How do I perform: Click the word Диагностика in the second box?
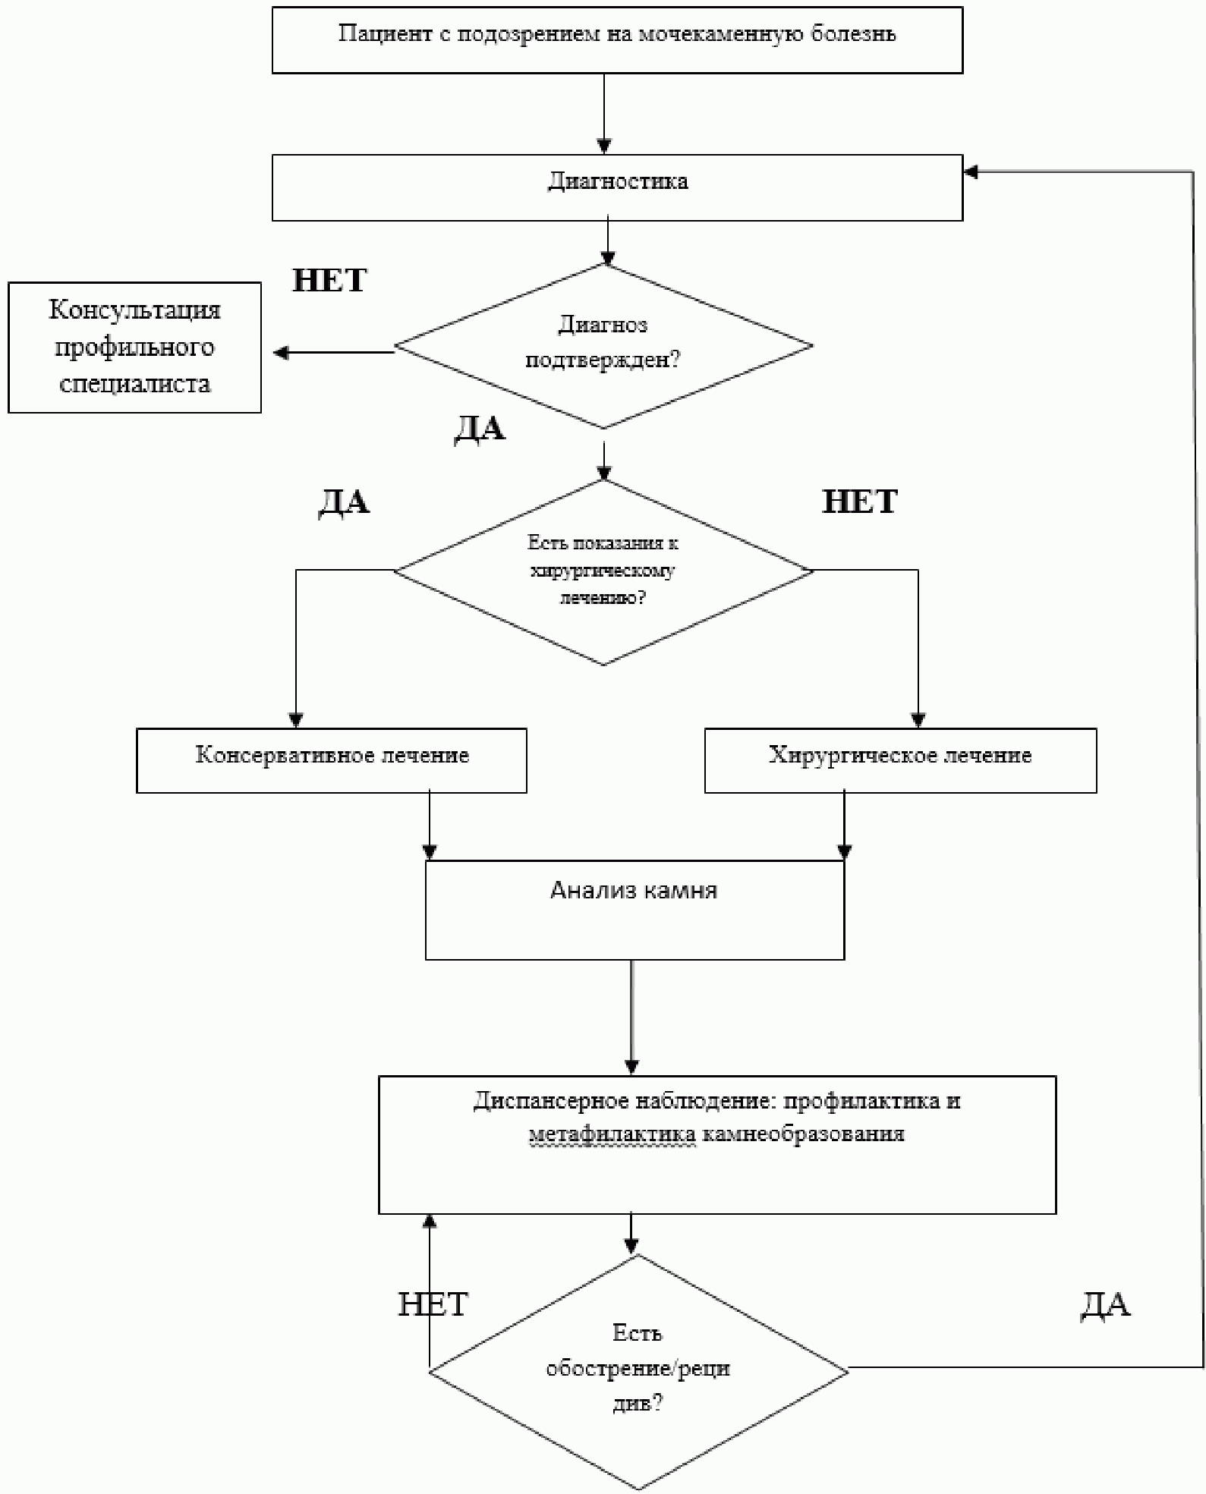tap(618, 182)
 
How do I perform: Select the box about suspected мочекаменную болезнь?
tap(617, 40)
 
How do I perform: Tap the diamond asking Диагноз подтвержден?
tap(603, 346)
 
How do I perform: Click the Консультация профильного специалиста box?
tap(134, 348)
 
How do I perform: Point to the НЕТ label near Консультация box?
tap(329, 281)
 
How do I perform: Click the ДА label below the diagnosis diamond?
tap(480, 429)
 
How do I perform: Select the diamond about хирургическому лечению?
tap(603, 572)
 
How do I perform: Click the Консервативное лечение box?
tap(332, 760)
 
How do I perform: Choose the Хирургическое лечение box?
tap(900, 760)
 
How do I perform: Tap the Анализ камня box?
tap(634, 909)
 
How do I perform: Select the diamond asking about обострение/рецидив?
tap(638, 1372)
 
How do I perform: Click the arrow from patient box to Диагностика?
tap(604, 114)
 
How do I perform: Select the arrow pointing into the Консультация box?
tap(334, 352)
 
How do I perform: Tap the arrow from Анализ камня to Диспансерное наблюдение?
tap(631, 1017)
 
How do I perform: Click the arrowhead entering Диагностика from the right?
tap(971, 172)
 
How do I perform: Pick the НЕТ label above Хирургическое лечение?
tap(860, 502)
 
